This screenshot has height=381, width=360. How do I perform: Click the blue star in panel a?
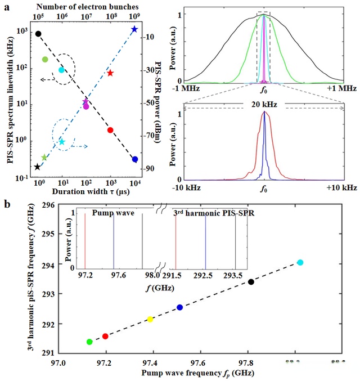(x=134, y=29)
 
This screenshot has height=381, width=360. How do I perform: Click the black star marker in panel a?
(x=38, y=167)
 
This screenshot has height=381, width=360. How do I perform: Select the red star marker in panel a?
(x=111, y=73)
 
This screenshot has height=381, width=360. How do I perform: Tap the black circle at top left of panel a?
(x=38, y=34)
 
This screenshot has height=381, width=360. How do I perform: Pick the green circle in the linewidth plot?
(x=45, y=59)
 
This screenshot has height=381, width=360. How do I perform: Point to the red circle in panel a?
(x=110, y=130)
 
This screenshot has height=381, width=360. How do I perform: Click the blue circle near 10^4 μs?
(x=135, y=159)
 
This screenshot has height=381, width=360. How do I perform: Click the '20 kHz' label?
(x=264, y=105)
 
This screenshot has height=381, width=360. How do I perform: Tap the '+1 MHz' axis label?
(x=344, y=89)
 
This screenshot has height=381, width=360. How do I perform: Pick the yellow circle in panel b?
(x=150, y=320)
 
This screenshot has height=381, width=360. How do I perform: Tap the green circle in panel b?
(x=89, y=342)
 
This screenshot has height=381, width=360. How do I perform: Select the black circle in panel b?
(x=251, y=282)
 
